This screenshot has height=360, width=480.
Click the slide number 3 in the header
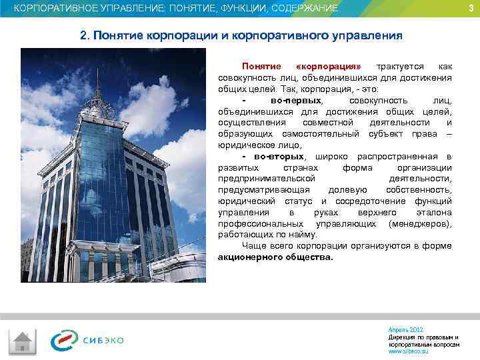tap(471, 8)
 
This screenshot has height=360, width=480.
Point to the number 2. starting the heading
tap(85, 35)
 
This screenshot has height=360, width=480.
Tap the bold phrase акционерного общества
tap(275, 257)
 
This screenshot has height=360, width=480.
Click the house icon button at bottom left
tap(23, 341)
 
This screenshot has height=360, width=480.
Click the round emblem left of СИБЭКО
tap(65, 341)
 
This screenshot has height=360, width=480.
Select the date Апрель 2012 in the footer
tap(405, 330)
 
